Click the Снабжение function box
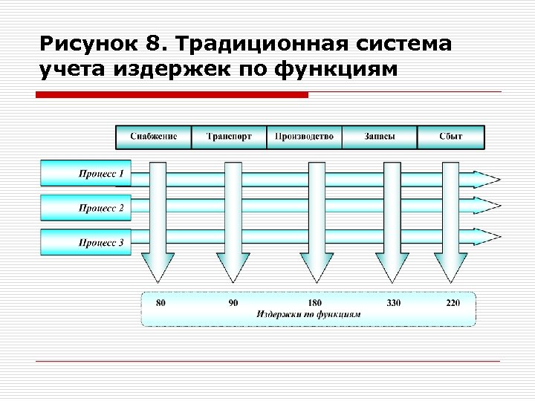pos(154,137)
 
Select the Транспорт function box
pos(229,137)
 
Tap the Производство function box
pos(305,137)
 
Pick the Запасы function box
pos(380,137)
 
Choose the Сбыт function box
pos(450,137)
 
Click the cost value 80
pos(160,302)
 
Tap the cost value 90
pos(233,302)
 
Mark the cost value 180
pos(315,302)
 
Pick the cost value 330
pos(394,302)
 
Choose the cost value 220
pos(453,302)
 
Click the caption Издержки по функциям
pos(308,314)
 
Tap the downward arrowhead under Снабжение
pos(158,267)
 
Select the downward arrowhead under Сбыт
pos(451,267)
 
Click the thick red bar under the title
pos(172,95)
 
